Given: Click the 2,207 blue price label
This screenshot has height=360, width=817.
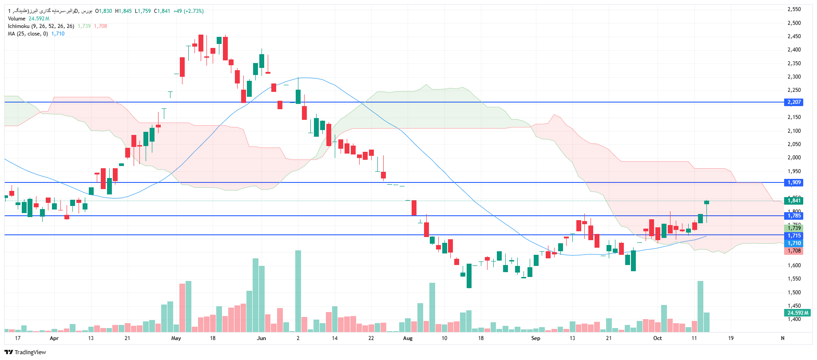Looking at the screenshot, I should click(x=794, y=102).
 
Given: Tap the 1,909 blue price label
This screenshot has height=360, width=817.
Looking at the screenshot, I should click(x=794, y=182).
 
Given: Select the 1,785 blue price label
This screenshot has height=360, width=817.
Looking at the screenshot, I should click(x=794, y=216).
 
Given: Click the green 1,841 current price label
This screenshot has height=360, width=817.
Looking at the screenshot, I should click(x=794, y=201).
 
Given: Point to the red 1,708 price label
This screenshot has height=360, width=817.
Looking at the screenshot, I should click(x=794, y=251).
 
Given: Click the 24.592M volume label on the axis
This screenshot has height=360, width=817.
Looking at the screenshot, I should click(x=797, y=313).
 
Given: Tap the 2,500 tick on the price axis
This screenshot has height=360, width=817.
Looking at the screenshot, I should click(x=794, y=23).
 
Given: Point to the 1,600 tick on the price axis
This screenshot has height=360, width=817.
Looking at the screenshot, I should click(x=794, y=265).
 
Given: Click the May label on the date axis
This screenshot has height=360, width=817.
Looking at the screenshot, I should click(x=176, y=338).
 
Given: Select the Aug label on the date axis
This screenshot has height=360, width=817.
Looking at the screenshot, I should click(x=408, y=338).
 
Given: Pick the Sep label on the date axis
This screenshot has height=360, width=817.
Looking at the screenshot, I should click(x=536, y=338).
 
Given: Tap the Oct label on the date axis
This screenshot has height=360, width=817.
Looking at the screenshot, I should click(x=657, y=338).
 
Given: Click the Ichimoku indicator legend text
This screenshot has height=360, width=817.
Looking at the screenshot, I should click(x=41, y=26).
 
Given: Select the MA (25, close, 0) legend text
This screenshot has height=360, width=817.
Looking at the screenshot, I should click(x=28, y=34).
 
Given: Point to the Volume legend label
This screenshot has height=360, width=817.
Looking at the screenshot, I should click(x=16, y=19).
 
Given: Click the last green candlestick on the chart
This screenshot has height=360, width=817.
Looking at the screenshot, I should click(x=706, y=202).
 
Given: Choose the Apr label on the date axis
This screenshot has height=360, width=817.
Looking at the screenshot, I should click(x=54, y=338).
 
